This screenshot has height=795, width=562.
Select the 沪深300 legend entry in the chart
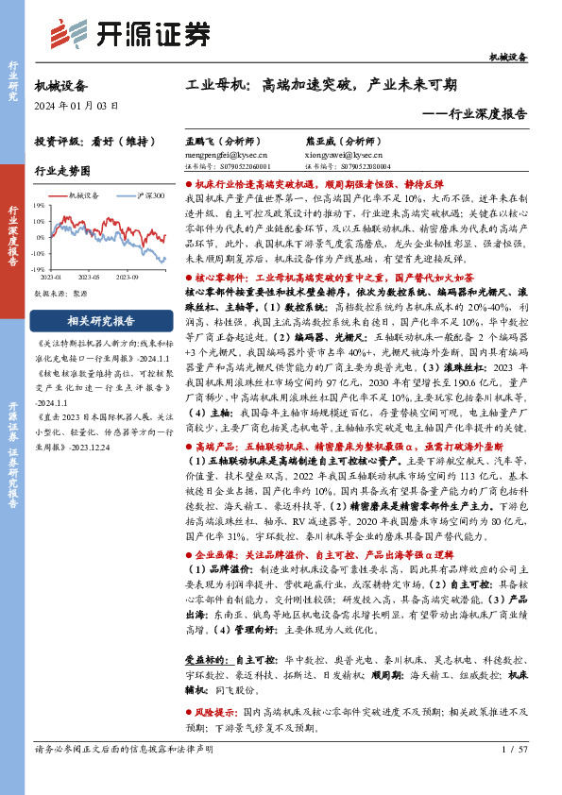(148, 195)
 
